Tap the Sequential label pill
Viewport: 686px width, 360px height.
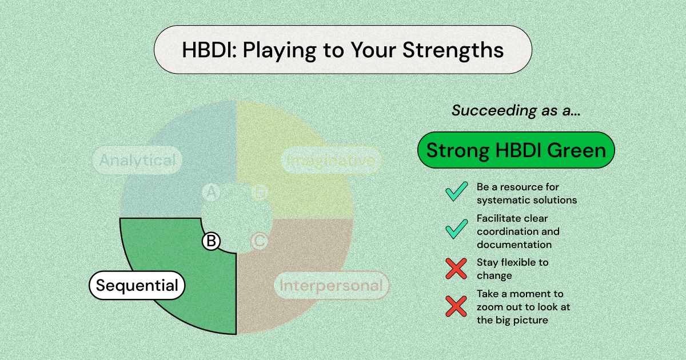(x=137, y=285)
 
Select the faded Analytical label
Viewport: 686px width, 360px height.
(x=137, y=161)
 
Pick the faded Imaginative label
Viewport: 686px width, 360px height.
(x=331, y=161)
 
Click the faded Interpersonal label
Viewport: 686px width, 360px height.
(x=331, y=285)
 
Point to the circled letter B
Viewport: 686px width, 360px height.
(x=211, y=241)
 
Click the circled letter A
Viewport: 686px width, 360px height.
(x=211, y=194)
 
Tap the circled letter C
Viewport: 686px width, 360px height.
(x=260, y=241)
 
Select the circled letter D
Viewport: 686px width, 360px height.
(x=260, y=194)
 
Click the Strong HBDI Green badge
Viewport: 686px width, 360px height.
(x=516, y=150)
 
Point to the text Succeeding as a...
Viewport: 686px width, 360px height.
(x=516, y=111)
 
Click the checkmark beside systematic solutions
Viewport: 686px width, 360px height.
(x=457, y=193)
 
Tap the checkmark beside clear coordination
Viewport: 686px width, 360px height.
(x=457, y=230)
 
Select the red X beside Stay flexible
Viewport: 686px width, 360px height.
(x=456, y=269)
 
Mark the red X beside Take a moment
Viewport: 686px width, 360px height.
(x=456, y=307)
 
